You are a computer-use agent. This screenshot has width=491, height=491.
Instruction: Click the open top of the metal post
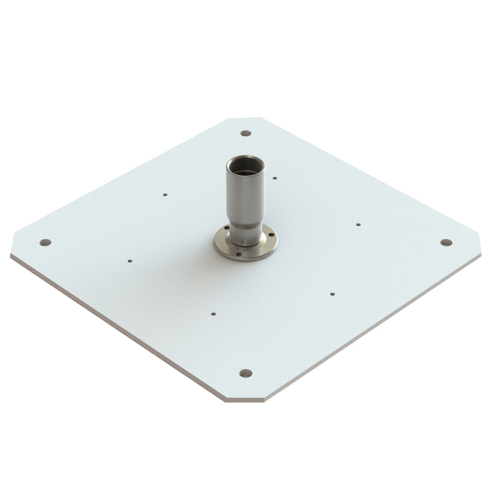tap(245, 165)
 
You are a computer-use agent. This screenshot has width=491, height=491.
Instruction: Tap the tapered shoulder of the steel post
tap(245, 226)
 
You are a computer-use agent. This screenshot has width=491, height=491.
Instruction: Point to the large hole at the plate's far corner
tap(245, 133)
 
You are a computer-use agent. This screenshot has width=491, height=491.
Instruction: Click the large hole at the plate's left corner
tap(45, 243)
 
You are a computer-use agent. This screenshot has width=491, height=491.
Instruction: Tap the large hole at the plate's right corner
tap(446, 243)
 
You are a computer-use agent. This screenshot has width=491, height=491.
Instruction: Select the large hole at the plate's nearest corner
tap(245, 373)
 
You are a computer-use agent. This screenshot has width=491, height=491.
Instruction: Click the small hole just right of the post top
tap(274, 178)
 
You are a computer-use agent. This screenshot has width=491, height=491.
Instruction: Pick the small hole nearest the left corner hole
tap(130, 261)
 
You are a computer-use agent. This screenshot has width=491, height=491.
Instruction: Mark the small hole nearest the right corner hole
tap(358, 224)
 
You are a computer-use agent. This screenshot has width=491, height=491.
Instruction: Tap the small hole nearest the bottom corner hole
tap(213, 313)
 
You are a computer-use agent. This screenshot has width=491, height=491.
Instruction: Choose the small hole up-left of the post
tap(165, 194)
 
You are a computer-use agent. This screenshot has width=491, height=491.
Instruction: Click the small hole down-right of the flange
tap(332, 294)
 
